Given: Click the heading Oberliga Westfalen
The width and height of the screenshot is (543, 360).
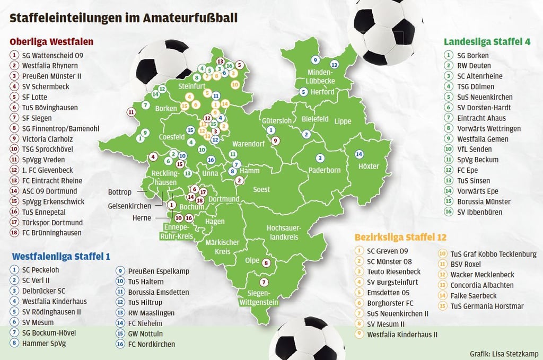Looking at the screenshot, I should click(51, 41).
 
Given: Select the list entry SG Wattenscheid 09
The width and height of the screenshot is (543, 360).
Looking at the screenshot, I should click(52, 55).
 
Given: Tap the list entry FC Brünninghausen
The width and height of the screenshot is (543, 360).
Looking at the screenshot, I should click(51, 233).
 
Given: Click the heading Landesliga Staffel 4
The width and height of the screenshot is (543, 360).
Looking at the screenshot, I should click(487, 41).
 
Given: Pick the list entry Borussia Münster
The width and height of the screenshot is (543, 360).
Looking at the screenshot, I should click(484, 202).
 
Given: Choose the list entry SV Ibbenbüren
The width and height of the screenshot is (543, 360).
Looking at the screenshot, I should click(480, 213).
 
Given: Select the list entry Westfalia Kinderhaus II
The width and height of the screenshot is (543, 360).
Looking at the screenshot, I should click(402, 335).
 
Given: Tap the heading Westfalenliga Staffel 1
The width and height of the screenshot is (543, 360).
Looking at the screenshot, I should click(61, 256).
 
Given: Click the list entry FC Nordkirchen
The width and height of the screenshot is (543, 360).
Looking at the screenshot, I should click(151, 345).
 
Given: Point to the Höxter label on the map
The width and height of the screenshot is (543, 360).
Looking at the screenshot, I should click(369, 166).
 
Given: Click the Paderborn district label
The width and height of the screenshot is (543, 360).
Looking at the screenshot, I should click(325, 170).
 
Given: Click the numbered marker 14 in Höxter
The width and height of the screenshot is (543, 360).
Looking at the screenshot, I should click(359, 154).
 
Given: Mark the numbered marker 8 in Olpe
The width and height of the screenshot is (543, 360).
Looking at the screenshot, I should click(266, 262).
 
